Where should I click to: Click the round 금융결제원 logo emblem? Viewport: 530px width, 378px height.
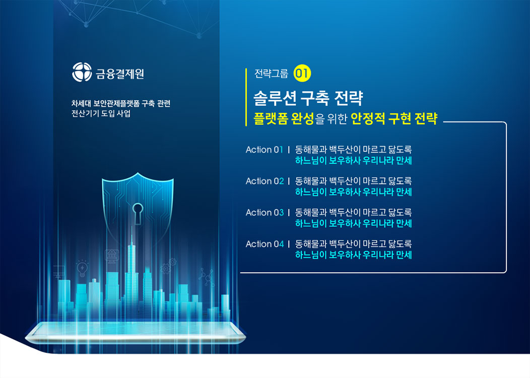(82, 72)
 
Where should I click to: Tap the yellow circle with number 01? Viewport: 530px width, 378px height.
(302, 74)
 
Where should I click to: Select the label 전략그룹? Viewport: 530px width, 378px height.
(272, 74)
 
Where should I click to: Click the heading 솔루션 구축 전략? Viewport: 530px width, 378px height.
(308, 98)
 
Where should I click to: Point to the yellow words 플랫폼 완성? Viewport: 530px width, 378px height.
(284, 118)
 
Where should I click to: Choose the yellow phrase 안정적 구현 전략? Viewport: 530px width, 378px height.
(394, 118)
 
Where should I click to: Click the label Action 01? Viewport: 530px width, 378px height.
(264, 150)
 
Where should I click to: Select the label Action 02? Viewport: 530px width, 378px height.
(264, 181)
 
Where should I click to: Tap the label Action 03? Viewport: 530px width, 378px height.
(264, 213)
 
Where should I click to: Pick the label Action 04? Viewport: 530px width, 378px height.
(264, 244)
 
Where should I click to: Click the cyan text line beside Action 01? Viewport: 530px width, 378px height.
(353, 161)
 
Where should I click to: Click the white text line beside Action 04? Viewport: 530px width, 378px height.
(353, 244)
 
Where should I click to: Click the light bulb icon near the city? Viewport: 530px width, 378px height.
(82, 268)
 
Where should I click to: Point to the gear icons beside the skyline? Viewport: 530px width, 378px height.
(168, 266)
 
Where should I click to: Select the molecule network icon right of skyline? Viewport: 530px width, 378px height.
(207, 277)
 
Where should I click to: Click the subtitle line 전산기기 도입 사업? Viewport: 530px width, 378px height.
(101, 113)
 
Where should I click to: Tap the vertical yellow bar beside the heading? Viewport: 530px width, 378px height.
(246, 97)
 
